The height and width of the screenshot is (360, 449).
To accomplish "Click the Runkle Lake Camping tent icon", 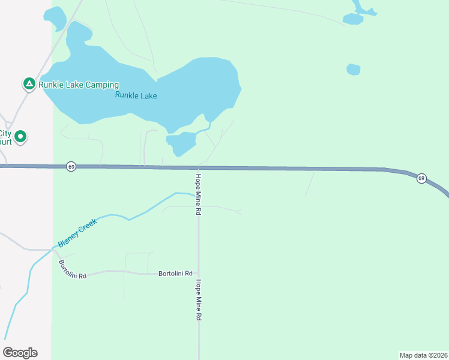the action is [x=29, y=84].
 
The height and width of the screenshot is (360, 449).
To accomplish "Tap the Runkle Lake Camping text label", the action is [x=79, y=85].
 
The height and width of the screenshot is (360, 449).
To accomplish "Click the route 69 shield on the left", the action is [x=71, y=166].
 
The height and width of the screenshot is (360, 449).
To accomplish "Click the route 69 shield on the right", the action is [x=421, y=178].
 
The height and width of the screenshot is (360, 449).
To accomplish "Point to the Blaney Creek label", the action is [x=77, y=233].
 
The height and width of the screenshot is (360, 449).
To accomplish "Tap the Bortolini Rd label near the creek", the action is [x=73, y=269].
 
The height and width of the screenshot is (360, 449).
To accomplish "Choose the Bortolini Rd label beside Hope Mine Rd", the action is [x=175, y=273].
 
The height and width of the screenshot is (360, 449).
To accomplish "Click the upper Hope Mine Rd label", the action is [x=197, y=194].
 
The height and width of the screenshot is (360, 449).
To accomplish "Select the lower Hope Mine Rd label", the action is [x=197, y=299].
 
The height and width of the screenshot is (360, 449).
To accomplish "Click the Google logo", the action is [x=20, y=353].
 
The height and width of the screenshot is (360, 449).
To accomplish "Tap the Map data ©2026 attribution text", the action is [x=423, y=355].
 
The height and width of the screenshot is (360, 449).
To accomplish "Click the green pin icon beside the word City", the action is [x=20, y=137].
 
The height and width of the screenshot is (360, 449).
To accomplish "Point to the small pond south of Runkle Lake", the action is [x=181, y=143].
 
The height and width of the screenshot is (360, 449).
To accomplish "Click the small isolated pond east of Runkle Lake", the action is [x=354, y=70].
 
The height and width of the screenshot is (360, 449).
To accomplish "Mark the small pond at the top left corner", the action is [x=55, y=18].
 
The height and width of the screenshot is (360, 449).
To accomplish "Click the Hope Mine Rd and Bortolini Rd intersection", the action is [x=199, y=273].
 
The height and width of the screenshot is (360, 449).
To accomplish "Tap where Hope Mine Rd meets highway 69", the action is [x=199, y=168].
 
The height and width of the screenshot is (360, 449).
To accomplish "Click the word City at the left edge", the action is [x=5, y=134].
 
